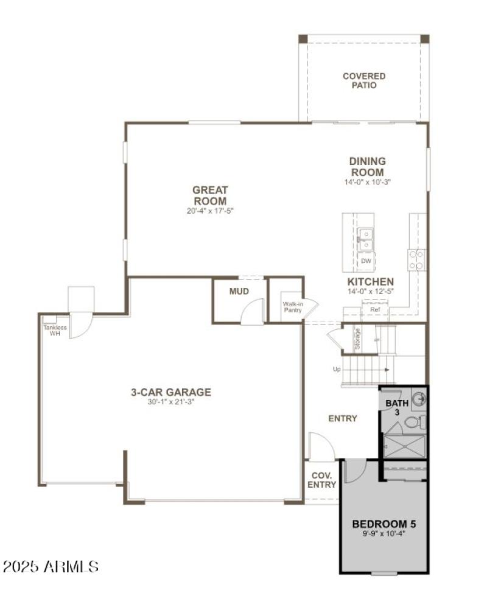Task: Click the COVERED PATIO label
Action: click(x=364, y=81)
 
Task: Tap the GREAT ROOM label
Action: click(x=210, y=195)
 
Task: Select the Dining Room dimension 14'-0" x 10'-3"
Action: click(x=366, y=182)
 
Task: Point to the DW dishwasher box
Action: click(x=366, y=261)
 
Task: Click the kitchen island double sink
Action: click(x=366, y=238)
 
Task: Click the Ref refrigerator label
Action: click(x=374, y=310)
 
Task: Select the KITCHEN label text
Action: click(x=370, y=282)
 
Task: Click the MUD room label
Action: click(x=239, y=292)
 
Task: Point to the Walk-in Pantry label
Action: click(x=292, y=307)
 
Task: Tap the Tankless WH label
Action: click(x=55, y=330)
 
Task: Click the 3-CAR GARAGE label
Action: click(x=170, y=392)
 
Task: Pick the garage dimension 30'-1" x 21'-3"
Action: click(x=170, y=402)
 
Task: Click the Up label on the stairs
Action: click(x=336, y=370)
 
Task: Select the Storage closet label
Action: click(x=358, y=339)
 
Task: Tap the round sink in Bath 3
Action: click(x=419, y=399)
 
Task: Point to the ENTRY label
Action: click(x=343, y=419)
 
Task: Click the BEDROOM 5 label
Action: click(x=384, y=524)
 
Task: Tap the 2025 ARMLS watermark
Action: click(x=51, y=567)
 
